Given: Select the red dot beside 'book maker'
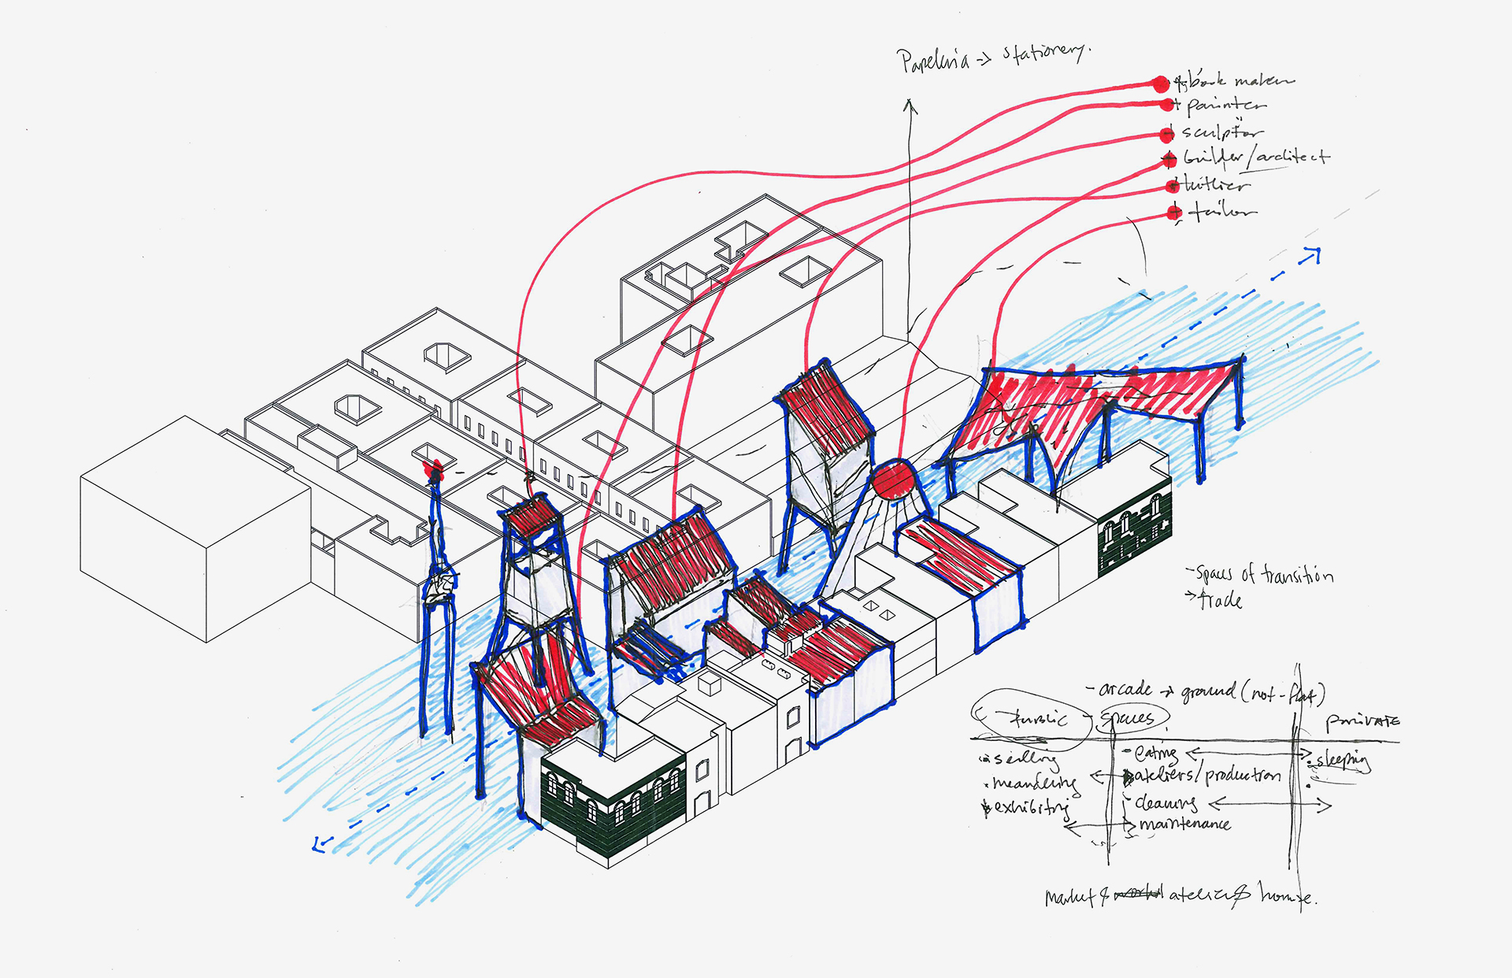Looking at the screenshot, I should [x=1160, y=83].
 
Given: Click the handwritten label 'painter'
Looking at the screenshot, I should [x=1226, y=105].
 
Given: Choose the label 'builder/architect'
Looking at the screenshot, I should [x=1256, y=157].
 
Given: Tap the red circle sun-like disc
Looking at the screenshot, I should [x=893, y=480].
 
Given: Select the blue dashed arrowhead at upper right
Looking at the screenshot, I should [x=1311, y=255].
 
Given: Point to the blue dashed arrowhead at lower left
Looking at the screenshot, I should [x=320, y=844].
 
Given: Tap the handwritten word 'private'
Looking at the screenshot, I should [x=1362, y=721].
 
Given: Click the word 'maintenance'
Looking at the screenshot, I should [x=1184, y=824].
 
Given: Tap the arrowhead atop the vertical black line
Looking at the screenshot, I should [x=910, y=104].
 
